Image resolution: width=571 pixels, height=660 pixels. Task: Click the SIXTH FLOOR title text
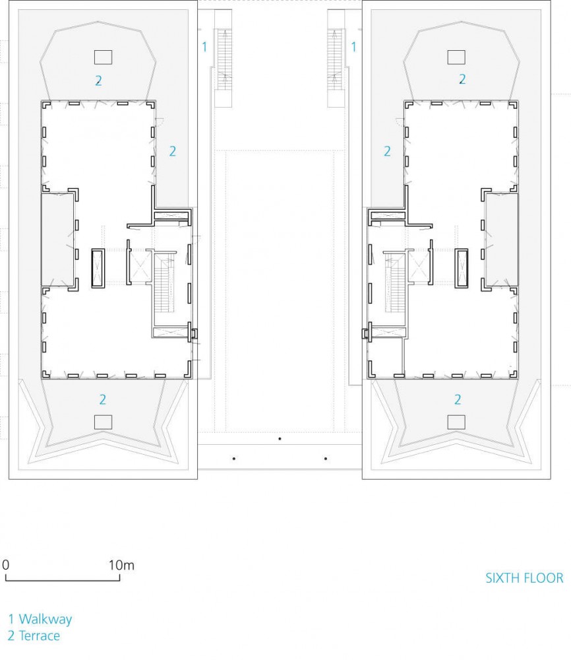click(x=524, y=578)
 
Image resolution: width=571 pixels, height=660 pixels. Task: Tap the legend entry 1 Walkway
click(x=40, y=619)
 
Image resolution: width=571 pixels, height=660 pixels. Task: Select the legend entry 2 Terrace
click(x=34, y=636)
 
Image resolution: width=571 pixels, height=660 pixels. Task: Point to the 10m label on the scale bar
click(x=121, y=565)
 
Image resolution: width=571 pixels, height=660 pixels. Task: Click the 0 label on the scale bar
click(x=5, y=565)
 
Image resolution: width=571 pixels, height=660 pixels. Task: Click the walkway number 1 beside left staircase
click(x=205, y=47)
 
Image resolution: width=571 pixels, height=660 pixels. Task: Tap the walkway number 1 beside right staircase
click(x=353, y=47)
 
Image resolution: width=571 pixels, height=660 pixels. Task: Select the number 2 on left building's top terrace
click(x=98, y=81)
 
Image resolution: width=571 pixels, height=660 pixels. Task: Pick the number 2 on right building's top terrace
click(x=462, y=79)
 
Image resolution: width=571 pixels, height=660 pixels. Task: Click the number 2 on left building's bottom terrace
click(x=103, y=399)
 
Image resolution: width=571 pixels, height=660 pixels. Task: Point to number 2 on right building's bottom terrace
click(x=458, y=399)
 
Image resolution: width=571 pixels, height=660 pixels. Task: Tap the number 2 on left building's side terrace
click(x=172, y=151)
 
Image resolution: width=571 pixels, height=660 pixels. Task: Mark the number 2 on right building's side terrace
click(x=387, y=151)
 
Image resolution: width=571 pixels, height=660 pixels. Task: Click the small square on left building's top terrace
click(x=103, y=57)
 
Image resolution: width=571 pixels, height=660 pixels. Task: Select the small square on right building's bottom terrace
click(x=456, y=422)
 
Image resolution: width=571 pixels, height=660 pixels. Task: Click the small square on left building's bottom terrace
click(x=103, y=422)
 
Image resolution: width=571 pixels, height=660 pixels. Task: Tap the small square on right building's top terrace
click(x=456, y=57)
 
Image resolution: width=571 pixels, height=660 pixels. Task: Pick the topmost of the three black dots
click(x=280, y=439)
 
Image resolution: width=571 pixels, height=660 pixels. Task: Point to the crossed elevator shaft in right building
click(x=419, y=266)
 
